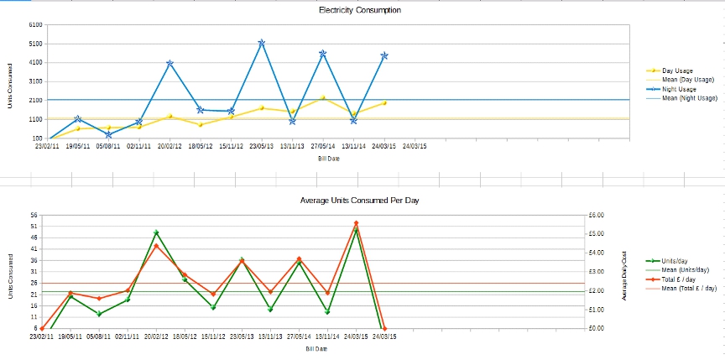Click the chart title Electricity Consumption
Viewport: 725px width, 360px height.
360,10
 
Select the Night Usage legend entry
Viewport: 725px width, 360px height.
679,89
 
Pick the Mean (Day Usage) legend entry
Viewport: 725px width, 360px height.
687,80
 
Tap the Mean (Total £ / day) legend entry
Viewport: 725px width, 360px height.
689,288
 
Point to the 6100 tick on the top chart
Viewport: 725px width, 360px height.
36,24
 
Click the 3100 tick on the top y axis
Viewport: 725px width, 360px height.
36,81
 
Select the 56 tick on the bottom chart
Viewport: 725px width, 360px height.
34,215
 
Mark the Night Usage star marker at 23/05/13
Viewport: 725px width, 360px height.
262,42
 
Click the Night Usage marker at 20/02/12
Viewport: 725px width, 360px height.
170,63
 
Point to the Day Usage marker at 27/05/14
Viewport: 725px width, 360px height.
323,98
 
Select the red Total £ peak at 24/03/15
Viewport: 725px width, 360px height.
356,223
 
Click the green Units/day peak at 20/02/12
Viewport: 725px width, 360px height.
156,232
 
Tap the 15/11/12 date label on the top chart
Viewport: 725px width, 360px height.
231,146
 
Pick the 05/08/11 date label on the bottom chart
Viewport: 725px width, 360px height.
99,337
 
